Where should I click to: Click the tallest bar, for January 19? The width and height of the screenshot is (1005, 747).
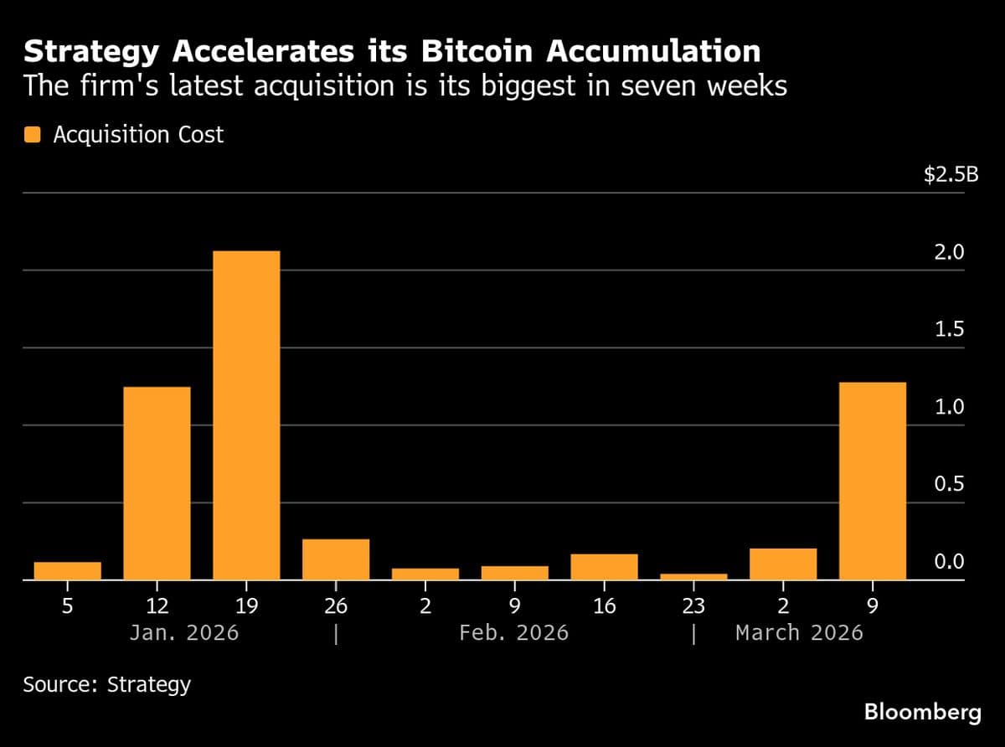246,415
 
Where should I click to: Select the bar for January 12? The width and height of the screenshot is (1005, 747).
157,483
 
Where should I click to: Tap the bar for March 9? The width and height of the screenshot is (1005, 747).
872,481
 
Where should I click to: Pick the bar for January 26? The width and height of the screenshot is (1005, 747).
336,559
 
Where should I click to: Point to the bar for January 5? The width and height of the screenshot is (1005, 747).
67,570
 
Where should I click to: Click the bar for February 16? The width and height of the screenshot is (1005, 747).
604,567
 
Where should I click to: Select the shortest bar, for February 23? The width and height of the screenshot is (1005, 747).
693,576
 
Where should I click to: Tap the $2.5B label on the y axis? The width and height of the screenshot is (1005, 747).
944,175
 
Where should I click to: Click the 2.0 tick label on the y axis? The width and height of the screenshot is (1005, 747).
950,252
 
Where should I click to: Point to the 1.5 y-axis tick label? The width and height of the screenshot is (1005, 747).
950,329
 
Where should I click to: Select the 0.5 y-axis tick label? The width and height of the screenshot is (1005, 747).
950,484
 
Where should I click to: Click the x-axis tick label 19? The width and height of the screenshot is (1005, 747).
246,605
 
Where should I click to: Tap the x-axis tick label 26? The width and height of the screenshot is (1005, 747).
336,605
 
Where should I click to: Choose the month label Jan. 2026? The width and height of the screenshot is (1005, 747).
184,632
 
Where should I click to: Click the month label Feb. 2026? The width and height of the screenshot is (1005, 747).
513,632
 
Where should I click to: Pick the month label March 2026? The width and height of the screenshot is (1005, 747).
799,632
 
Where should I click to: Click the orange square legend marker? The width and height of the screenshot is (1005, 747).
33,134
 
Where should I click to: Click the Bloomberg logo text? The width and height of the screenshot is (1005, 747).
922,713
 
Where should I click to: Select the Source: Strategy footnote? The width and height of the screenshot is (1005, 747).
107,684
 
